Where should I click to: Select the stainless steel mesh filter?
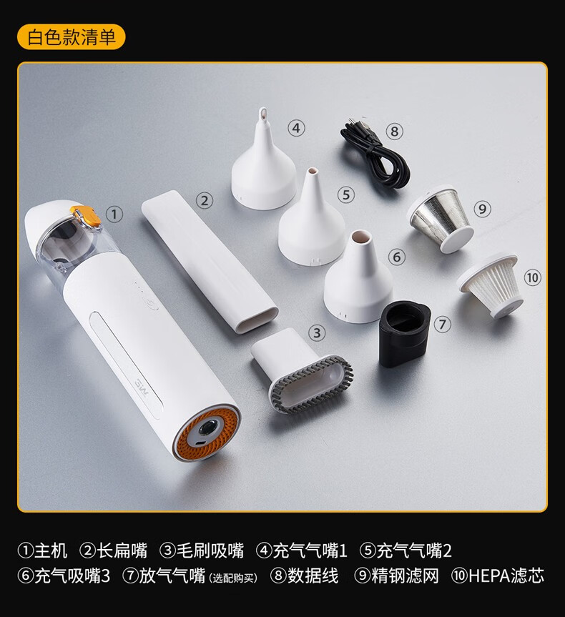pos(441,217)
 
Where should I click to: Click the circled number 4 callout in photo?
pos(296,128)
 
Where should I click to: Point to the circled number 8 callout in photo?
pos(394,131)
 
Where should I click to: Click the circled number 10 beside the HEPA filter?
pos(532,278)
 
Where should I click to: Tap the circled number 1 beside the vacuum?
pos(114,214)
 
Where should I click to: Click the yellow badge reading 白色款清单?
pos(72,37)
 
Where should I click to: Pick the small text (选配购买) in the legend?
pos(233,578)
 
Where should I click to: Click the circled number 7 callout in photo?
pos(442,325)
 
